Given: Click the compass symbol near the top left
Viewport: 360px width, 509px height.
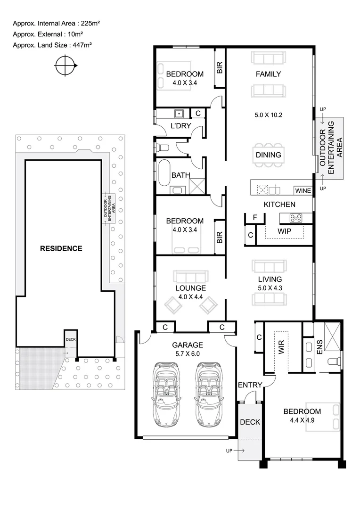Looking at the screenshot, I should [65, 66].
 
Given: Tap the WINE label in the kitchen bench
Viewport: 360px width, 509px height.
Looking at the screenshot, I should [303, 191].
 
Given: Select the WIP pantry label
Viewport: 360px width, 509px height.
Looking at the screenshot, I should [284, 231].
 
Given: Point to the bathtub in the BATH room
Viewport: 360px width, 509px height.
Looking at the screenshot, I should [164, 172].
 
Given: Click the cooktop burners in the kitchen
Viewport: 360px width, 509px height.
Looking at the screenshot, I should [296, 218].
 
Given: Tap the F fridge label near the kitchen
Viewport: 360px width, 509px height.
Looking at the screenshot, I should [255, 218].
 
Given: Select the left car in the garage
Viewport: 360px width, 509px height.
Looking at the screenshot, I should [166, 394].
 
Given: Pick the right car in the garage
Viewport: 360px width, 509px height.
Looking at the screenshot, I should [208, 394].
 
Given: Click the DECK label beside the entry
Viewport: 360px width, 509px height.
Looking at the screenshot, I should [250, 422].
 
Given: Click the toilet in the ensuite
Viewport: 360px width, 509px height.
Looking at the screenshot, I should [335, 361].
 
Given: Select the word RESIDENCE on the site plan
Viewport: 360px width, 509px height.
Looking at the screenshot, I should [61, 248].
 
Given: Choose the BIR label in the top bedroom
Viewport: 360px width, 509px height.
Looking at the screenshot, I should [220, 68].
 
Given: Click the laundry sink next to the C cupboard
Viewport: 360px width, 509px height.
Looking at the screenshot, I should [179, 114].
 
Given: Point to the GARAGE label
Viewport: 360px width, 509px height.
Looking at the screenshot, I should [187, 345].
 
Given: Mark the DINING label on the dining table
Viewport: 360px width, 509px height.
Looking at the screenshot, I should [268, 155].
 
